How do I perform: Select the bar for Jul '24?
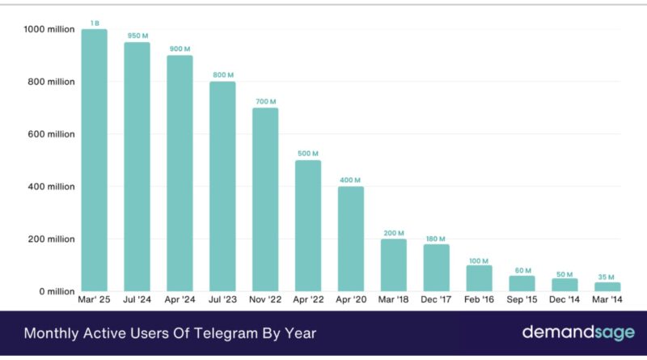tap(137, 167)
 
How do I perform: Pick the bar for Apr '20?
tap(350, 239)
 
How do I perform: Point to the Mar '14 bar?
tap(607, 286)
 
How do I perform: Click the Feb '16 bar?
tap(479, 278)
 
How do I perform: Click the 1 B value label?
tap(94, 23)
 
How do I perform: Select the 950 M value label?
tap(137, 36)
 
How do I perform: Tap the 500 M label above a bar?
tap(308, 154)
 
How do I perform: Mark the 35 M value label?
tap(607, 277)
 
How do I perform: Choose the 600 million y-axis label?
tap(50, 134)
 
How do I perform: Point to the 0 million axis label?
tap(54, 291)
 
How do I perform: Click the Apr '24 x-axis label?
tap(180, 300)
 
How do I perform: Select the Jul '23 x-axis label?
tap(222, 300)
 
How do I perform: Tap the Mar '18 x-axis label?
tap(393, 300)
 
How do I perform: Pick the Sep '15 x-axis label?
tap(522, 300)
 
